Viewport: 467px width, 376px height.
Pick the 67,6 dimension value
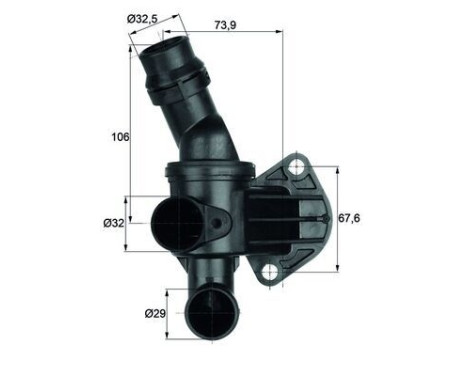(349, 218)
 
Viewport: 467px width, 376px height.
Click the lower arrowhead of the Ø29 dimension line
(182, 335)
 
